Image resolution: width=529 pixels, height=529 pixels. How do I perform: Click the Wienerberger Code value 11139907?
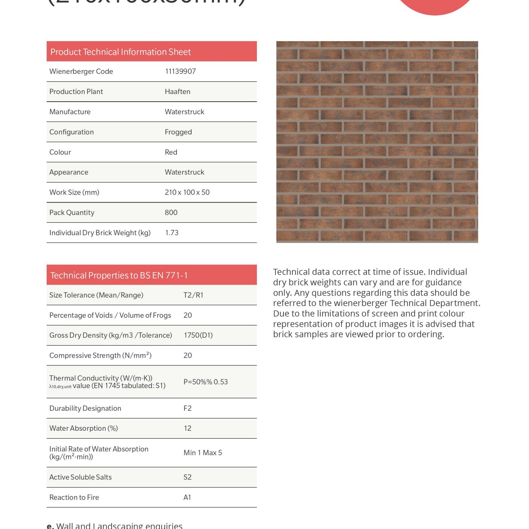[180, 71]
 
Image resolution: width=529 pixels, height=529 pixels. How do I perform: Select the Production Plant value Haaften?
[177, 92]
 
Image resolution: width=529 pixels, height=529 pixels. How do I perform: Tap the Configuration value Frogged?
[178, 132]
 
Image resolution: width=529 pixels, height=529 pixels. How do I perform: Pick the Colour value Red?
[171, 152]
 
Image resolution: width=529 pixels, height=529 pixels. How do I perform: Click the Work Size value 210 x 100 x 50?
[187, 192]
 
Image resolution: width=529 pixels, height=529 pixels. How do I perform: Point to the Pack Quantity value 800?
[171, 213]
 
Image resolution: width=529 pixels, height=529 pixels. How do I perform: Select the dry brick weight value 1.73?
[172, 233]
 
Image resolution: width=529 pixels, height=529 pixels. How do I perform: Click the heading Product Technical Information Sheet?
[121, 52]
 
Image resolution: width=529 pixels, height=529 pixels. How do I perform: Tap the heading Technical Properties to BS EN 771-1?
[119, 275]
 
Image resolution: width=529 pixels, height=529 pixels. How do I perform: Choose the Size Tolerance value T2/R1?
[193, 295]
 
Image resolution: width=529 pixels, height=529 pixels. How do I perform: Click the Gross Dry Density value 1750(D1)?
[198, 335]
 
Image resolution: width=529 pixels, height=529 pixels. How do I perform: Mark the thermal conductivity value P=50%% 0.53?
[206, 382]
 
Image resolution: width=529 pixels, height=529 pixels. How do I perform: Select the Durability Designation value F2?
[187, 408]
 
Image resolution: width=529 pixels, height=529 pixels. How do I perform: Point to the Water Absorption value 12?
[187, 428]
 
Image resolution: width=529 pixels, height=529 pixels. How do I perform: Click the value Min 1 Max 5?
[203, 453]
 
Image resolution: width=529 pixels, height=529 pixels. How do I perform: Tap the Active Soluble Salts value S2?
[187, 477]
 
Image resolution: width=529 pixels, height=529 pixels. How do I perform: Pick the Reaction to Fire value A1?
[187, 498]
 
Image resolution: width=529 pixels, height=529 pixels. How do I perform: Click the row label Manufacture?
[70, 112]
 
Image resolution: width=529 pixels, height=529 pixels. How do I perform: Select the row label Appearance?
[69, 172]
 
